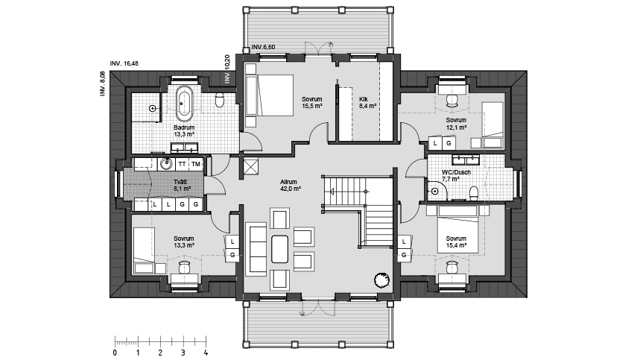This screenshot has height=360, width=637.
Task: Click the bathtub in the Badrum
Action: (x=185, y=104)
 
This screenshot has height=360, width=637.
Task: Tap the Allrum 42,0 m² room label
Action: (x=289, y=186)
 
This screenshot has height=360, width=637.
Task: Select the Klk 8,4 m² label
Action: (x=367, y=102)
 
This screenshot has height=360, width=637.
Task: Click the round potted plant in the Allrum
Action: (x=382, y=280)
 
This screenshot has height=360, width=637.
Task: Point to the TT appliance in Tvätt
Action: (x=183, y=164)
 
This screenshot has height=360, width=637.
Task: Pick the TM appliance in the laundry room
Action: (x=196, y=164)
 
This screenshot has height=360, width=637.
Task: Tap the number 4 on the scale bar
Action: (x=206, y=353)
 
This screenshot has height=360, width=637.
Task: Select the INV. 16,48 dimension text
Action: (x=124, y=63)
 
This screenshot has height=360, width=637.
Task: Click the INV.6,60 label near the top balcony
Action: (x=263, y=47)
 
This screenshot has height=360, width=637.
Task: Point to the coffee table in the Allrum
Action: (x=279, y=249)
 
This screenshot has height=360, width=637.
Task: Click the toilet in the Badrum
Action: (x=220, y=100)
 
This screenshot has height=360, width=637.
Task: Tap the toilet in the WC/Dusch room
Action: (x=474, y=193)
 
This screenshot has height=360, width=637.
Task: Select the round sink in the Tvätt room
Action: (x=165, y=164)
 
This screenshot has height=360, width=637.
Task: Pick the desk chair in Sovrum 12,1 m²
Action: (x=451, y=101)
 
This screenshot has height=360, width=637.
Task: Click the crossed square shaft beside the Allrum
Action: (x=249, y=166)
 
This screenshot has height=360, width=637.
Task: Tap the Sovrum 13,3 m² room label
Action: (x=183, y=241)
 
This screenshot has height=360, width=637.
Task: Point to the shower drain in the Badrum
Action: (x=152, y=108)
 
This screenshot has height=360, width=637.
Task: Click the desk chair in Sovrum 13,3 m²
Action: (x=185, y=268)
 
